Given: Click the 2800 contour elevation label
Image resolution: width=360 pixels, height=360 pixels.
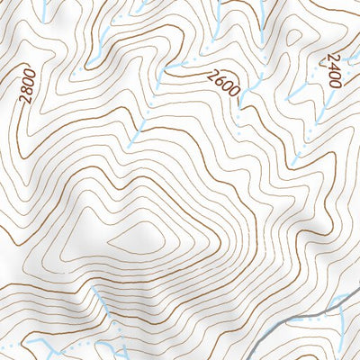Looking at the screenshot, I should click(25, 86).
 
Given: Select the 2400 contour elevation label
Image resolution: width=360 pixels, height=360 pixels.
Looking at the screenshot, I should click(331, 68).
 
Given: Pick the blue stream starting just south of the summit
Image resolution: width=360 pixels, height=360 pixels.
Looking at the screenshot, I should click(103, 306).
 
